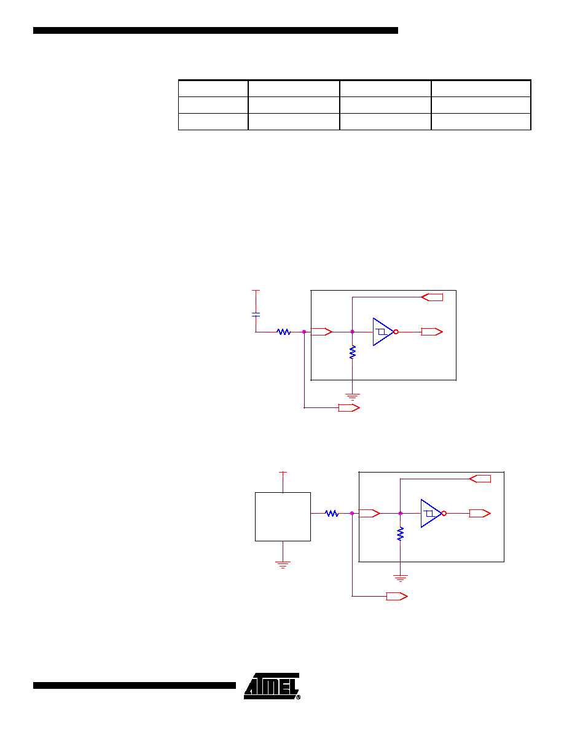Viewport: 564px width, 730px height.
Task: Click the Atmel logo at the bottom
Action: [272, 686]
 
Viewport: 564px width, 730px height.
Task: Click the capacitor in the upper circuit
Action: [256, 315]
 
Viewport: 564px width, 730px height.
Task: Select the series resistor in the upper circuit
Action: [284, 332]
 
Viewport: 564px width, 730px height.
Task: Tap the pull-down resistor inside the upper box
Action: [352, 352]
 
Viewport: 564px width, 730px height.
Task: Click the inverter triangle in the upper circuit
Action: [383, 332]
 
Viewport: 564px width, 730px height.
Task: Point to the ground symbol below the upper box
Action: [352, 397]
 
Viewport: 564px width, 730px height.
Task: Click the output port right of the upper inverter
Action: [432, 332]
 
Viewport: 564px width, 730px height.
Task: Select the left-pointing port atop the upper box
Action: [432, 297]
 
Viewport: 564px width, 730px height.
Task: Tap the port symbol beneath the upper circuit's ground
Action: [349, 408]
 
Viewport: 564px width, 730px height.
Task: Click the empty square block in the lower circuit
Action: [283, 517]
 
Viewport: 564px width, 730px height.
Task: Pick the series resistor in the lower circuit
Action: [332, 514]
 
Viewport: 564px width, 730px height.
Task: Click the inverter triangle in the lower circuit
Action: [431, 514]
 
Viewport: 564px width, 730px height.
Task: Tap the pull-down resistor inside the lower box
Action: [400, 533]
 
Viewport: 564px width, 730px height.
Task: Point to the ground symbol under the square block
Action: [283, 565]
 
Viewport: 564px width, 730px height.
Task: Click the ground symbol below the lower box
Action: [400, 579]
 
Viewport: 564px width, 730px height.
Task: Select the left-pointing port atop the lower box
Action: [480, 479]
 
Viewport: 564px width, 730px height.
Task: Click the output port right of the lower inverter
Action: [480, 514]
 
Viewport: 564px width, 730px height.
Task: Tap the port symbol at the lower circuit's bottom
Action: [397, 597]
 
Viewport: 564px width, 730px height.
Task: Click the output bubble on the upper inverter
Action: [396, 332]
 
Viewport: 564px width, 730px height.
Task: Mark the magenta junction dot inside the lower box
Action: [400, 514]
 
